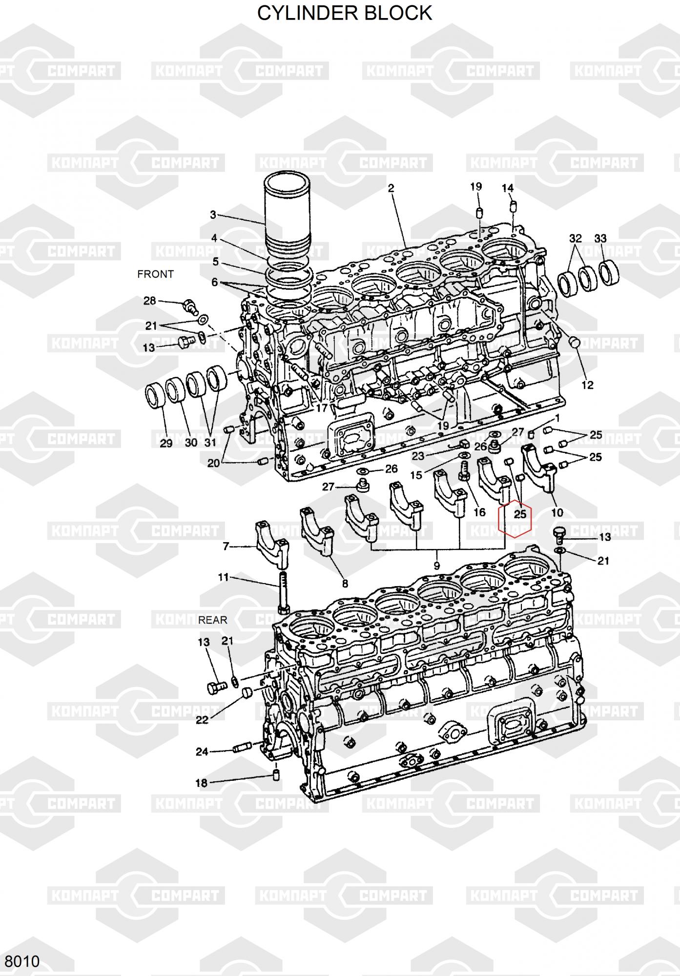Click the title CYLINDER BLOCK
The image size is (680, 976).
pyautogui.click(x=345, y=13)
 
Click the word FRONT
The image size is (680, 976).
pyautogui.click(x=155, y=274)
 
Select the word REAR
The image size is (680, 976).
pyautogui.click(x=213, y=620)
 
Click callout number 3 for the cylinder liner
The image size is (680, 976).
pyautogui.click(x=213, y=215)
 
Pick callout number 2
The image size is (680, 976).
pyautogui.click(x=391, y=188)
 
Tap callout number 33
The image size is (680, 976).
pyautogui.click(x=600, y=239)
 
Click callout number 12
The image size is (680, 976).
pyautogui.click(x=587, y=385)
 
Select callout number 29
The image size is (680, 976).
pyautogui.click(x=166, y=443)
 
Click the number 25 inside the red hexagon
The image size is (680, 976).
pyautogui.click(x=520, y=514)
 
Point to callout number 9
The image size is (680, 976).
pyautogui.click(x=436, y=566)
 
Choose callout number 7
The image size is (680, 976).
pyautogui.click(x=226, y=547)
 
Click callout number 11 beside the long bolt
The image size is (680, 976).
pyautogui.click(x=223, y=578)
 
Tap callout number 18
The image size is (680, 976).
pyautogui.click(x=201, y=783)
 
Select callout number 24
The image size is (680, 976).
pyautogui.click(x=202, y=752)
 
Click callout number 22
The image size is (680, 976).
pyautogui.click(x=202, y=720)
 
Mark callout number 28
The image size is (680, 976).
pyautogui.click(x=149, y=301)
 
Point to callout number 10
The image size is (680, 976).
pyautogui.click(x=557, y=512)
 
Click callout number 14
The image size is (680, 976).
pyautogui.click(x=508, y=188)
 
